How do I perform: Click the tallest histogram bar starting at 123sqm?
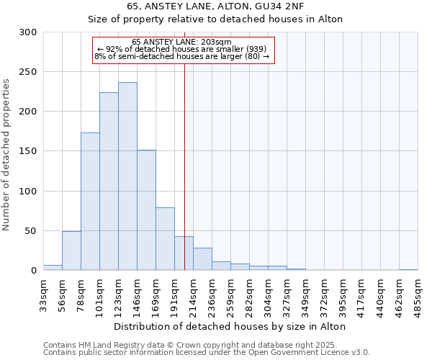tap(127, 176)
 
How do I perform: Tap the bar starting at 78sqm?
tap(90, 202)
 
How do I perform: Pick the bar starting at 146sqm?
tap(146, 210)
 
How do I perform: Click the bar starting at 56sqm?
tap(71, 251)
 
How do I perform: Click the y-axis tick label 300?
tap(28, 32)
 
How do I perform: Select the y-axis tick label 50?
tap(31, 231)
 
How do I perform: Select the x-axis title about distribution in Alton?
tap(230, 326)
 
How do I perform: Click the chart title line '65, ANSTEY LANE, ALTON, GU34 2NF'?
tap(215, 6)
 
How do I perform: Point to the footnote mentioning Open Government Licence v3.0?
tap(206, 353)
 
